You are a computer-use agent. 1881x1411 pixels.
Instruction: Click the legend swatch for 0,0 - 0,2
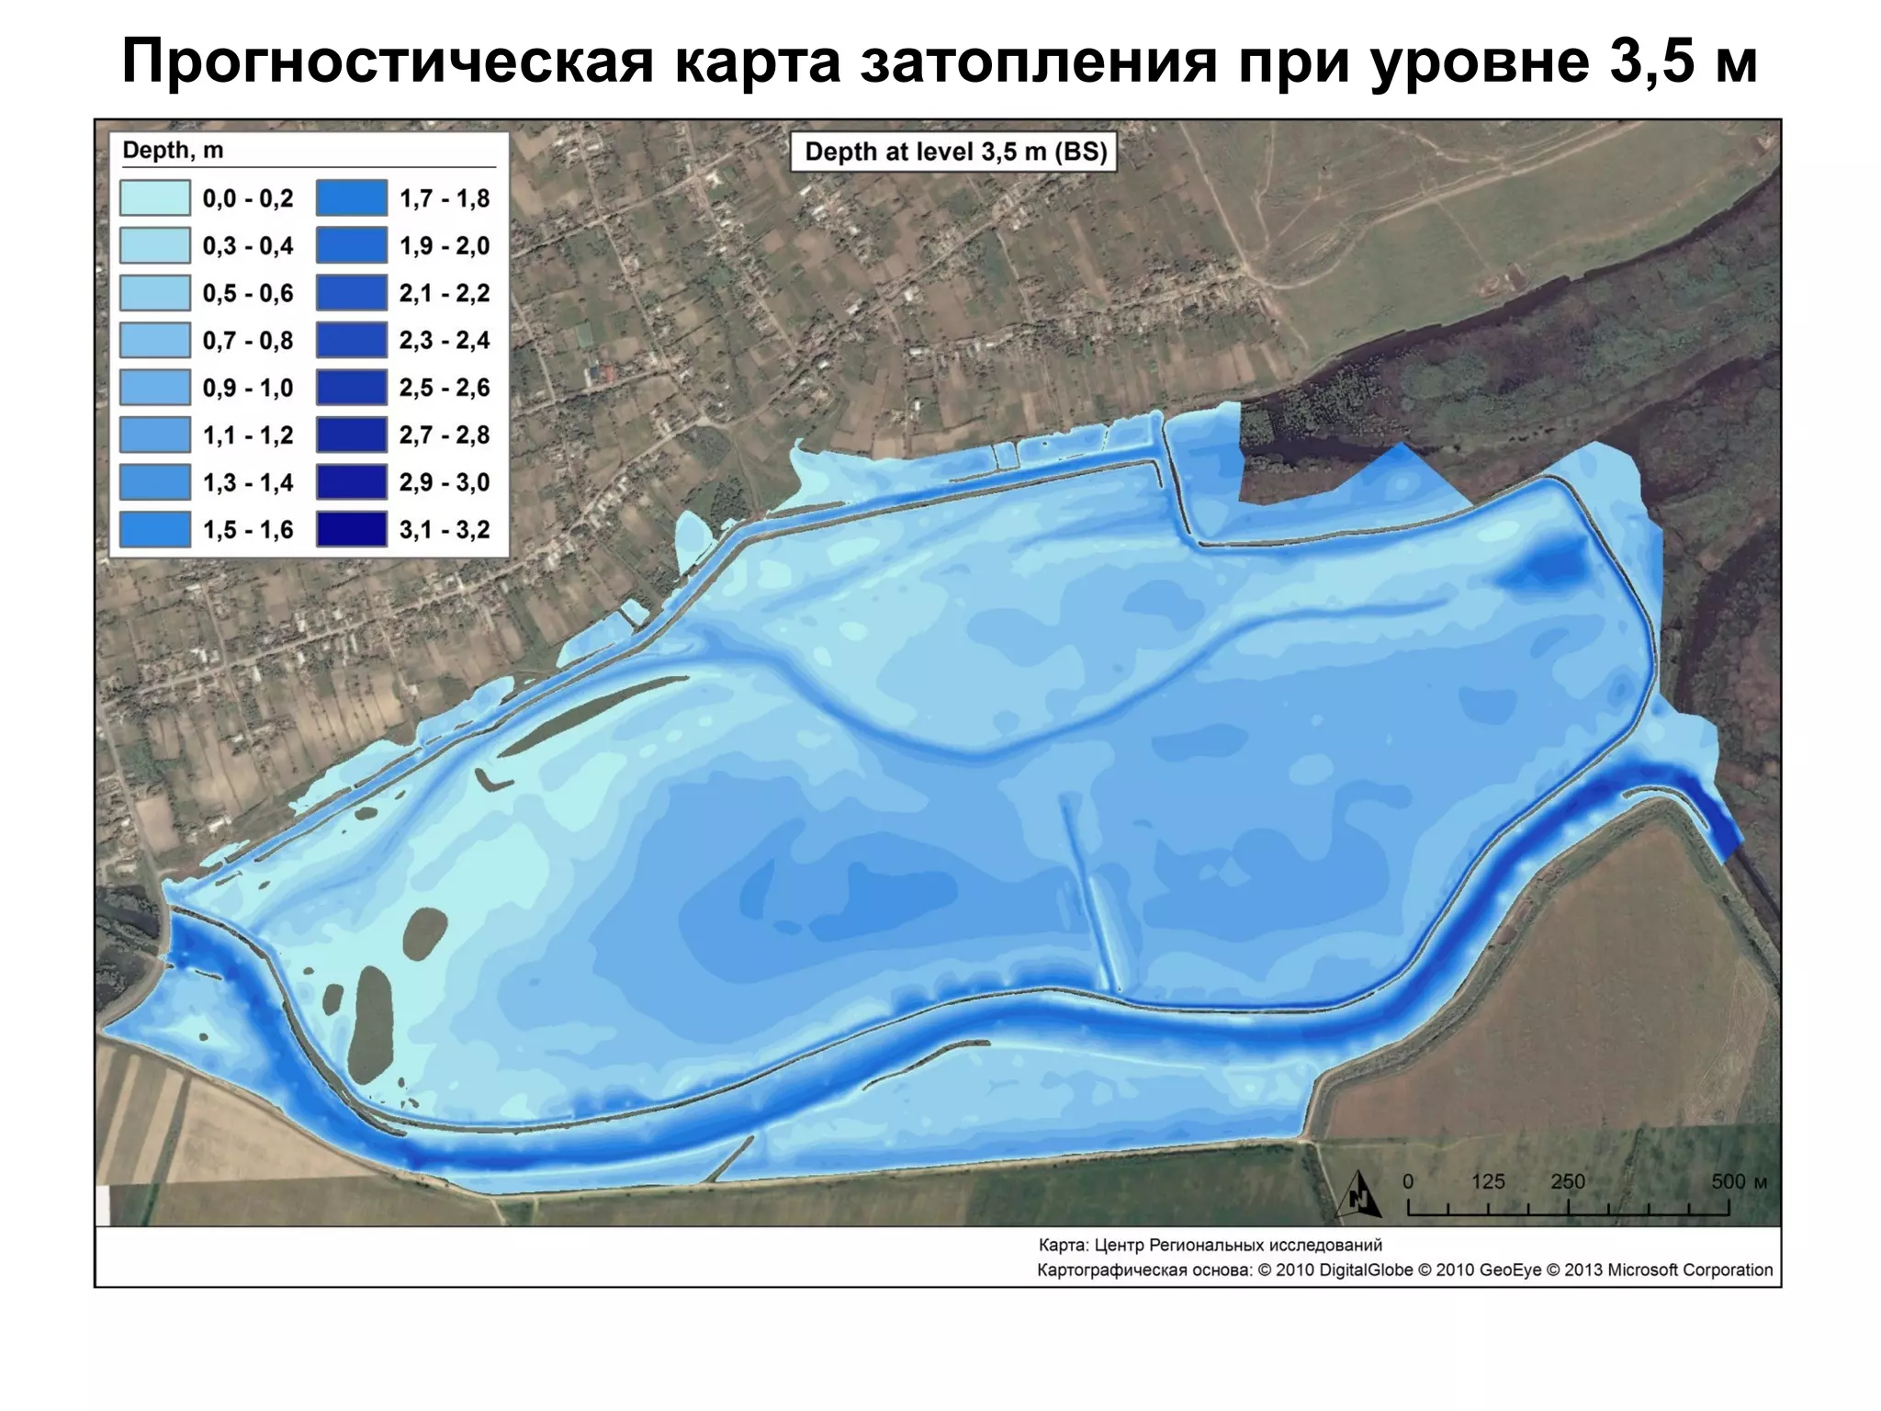(x=154, y=198)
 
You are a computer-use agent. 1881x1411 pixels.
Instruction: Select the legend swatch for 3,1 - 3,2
(x=352, y=530)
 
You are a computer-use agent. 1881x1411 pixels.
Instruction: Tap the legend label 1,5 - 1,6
(x=248, y=530)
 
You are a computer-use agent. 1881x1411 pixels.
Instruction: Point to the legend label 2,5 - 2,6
(x=445, y=388)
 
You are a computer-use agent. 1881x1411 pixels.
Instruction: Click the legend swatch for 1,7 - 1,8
(x=352, y=198)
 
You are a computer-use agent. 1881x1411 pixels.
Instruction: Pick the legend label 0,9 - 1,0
(x=248, y=388)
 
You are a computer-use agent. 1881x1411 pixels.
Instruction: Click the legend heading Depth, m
(x=173, y=151)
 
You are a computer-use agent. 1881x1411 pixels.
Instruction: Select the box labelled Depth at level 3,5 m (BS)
(x=955, y=152)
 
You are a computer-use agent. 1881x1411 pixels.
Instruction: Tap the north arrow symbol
(x=1359, y=1195)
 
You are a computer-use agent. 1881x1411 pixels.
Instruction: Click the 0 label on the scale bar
(x=1409, y=1181)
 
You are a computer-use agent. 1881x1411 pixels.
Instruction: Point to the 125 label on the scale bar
(x=1488, y=1181)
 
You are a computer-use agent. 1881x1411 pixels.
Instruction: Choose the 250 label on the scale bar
(x=1568, y=1181)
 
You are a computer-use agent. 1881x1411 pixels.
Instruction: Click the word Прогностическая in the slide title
(x=388, y=62)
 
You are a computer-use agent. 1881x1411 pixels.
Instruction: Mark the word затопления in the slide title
(x=1038, y=62)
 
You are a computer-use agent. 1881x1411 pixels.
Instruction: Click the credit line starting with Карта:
(x=1210, y=1246)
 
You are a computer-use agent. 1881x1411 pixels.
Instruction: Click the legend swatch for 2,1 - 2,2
(x=352, y=293)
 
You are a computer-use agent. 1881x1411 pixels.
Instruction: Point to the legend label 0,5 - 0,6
(x=248, y=293)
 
